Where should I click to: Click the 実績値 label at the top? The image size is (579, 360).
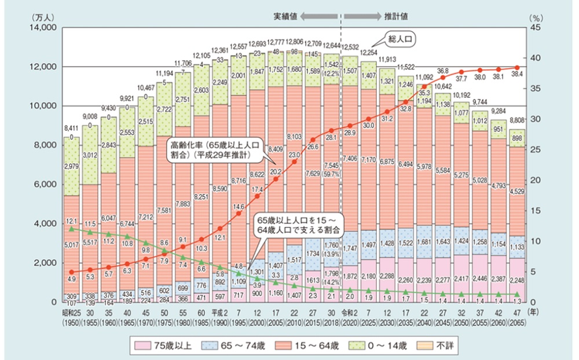285,17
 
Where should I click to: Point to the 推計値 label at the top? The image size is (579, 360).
395,17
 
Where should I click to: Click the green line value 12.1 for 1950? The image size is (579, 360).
72,221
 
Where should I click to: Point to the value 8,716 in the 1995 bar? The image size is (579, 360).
237,182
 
